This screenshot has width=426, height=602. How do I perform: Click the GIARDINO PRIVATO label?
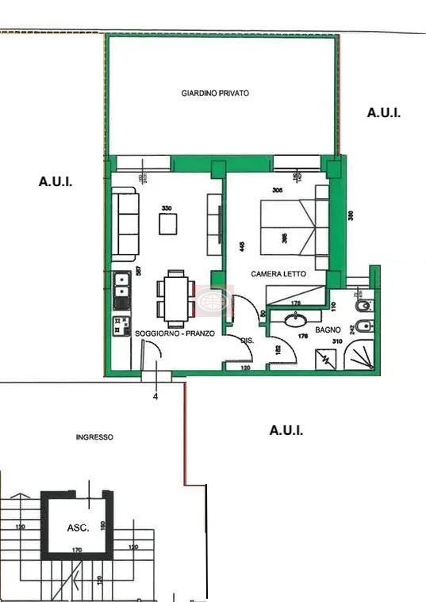[x=215, y=93]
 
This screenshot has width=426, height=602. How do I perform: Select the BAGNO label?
[x=328, y=329]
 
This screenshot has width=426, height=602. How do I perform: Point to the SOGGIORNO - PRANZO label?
[x=175, y=334]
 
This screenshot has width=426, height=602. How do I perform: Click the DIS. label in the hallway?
[x=246, y=340]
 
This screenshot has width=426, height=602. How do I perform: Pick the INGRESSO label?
[x=94, y=437]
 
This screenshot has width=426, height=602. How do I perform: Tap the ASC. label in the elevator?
[x=78, y=527]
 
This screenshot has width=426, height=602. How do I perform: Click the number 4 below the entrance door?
[x=155, y=397]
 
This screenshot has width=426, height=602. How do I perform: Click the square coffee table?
[x=168, y=225]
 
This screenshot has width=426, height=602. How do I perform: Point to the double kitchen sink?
[x=121, y=291]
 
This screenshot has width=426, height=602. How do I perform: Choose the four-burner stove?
[x=121, y=326]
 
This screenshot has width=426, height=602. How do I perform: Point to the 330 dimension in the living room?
[x=167, y=208]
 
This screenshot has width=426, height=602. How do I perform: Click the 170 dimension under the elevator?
[x=76, y=549]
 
